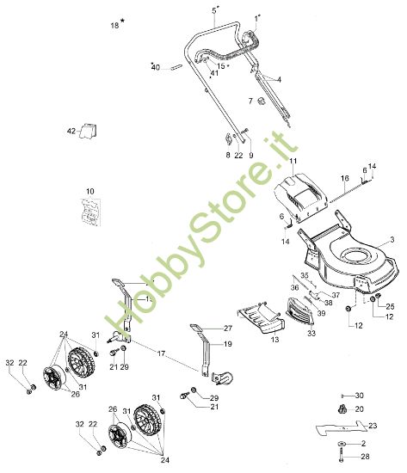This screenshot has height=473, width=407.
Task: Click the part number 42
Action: [71, 131]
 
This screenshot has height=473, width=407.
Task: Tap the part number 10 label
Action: [89, 190]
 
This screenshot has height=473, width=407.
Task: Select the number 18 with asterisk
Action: [116, 26]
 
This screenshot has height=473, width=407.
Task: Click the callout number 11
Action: [293, 161]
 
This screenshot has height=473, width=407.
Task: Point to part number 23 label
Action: [373, 426]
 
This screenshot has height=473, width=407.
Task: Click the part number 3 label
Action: [390, 239]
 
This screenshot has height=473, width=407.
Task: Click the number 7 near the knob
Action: [251, 101]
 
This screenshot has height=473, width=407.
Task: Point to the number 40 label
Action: [156, 67]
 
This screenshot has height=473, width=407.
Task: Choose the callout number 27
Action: [228, 329]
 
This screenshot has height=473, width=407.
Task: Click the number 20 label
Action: [361, 408]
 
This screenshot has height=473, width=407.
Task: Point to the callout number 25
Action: [389, 307]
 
